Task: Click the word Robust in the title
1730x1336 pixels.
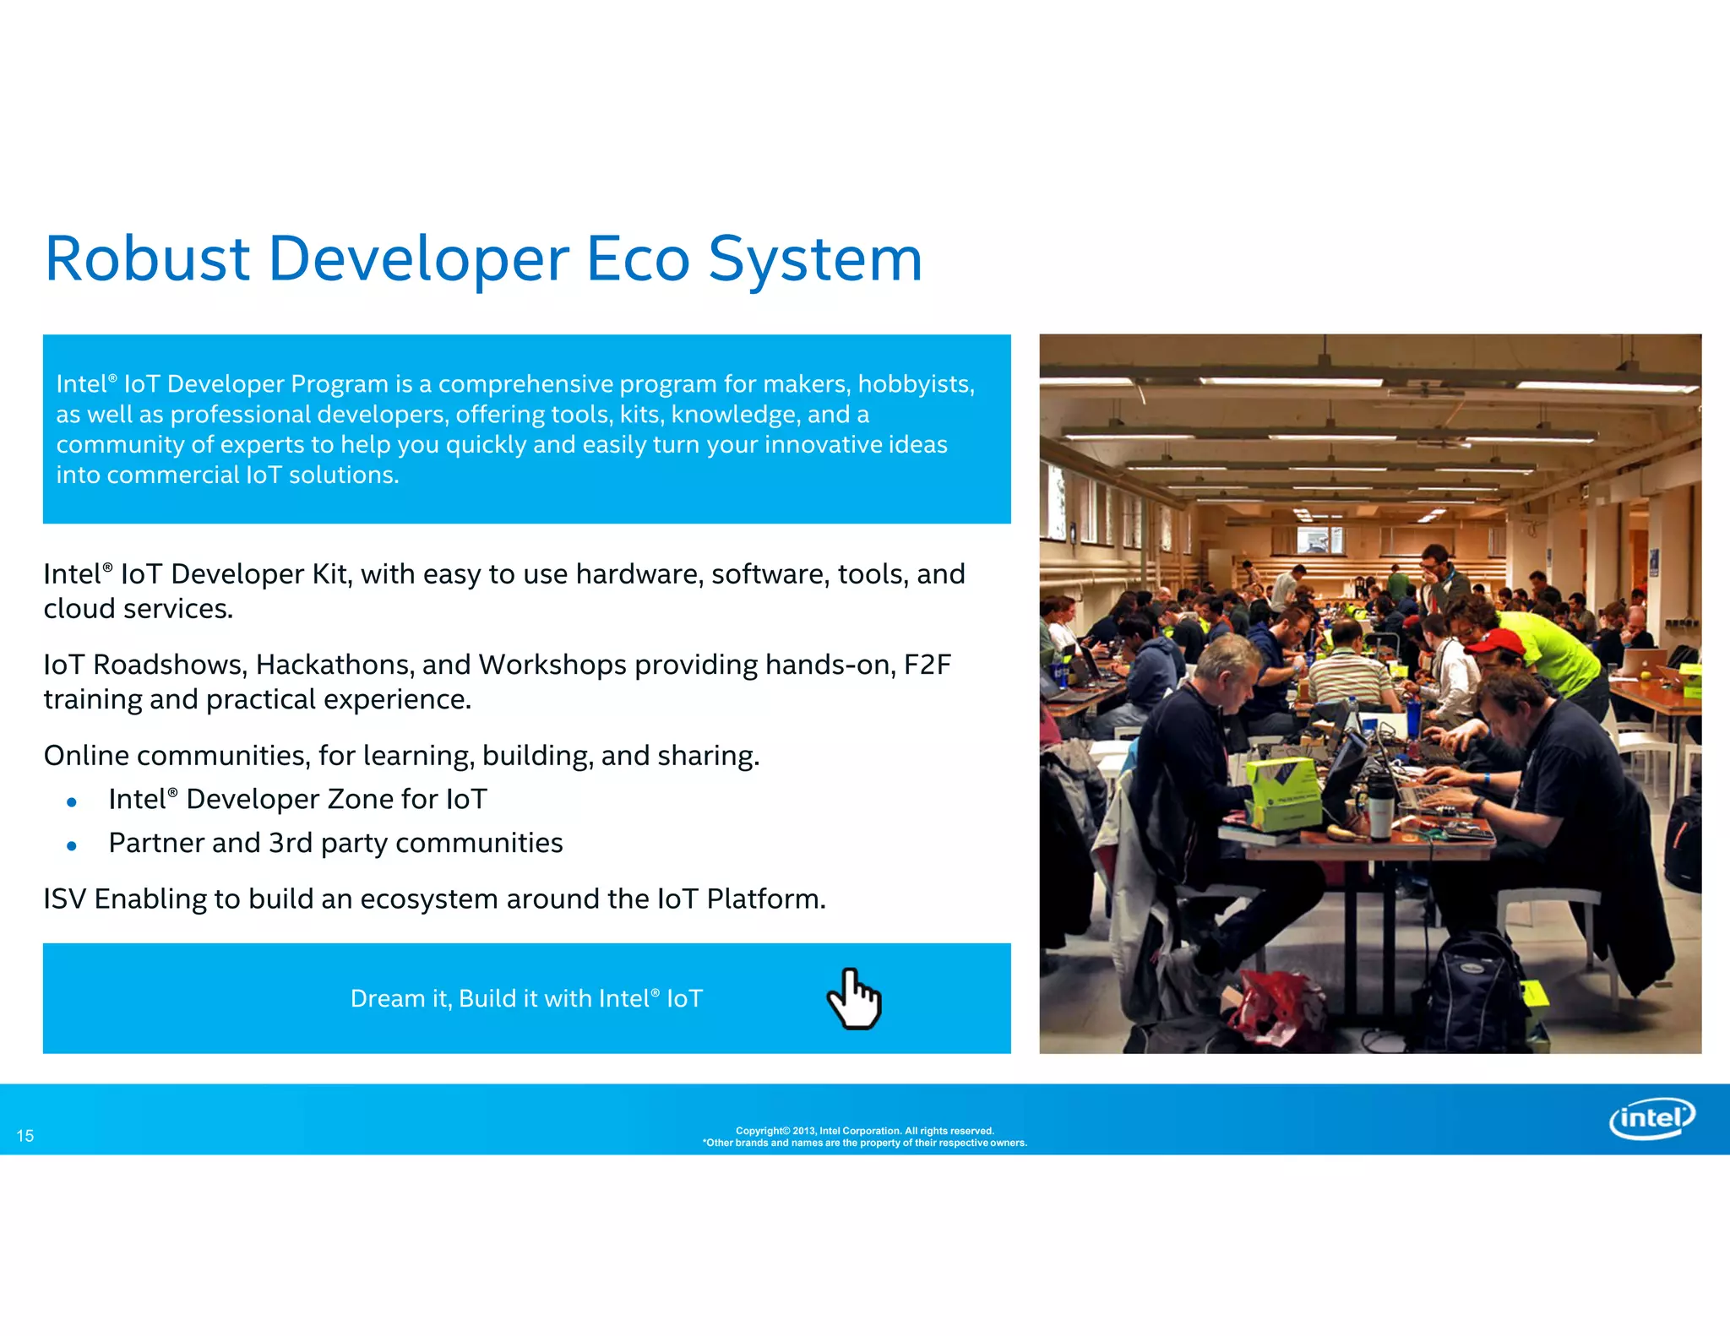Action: pyautogui.click(x=147, y=258)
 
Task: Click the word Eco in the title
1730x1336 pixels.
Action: pyautogui.click(x=638, y=258)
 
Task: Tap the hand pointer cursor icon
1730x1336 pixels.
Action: pyautogui.click(x=853, y=999)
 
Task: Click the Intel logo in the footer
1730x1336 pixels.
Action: pyautogui.click(x=1651, y=1119)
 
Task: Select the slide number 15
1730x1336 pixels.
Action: pyautogui.click(x=25, y=1136)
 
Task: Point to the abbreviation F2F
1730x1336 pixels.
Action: pyautogui.click(x=927, y=665)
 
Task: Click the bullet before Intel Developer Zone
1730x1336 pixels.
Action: pyautogui.click(x=72, y=801)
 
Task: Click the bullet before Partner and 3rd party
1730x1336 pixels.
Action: pyautogui.click(x=72, y=845)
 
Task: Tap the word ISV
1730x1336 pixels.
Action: pyautogui.click(x=65, y=899)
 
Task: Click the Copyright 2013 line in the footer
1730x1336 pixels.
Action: pyautogui.click(x=864, y=1131)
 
